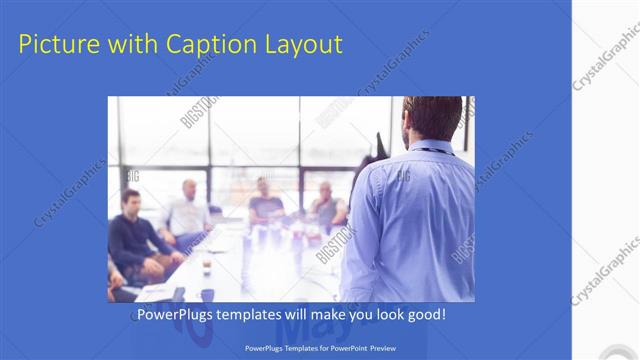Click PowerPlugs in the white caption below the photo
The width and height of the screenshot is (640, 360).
(176, 316)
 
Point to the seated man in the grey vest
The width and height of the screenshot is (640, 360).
(326, 204)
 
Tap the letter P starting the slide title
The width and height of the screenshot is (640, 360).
(26, 44)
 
